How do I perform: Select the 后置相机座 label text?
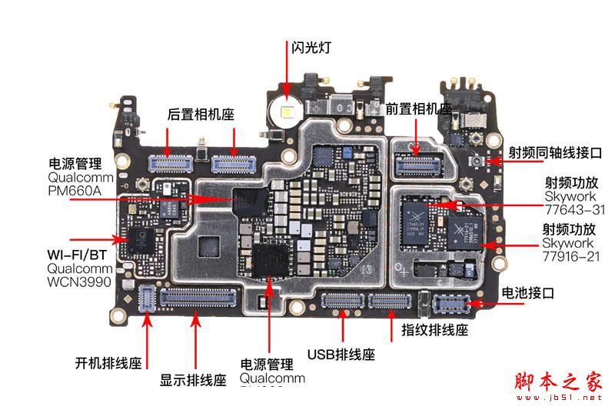[x=201, y=114]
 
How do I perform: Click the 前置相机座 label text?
[x=419, y=109]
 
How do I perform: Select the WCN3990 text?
[x=79, y=282]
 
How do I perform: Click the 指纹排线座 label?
[x=435, y=330]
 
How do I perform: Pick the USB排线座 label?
[x=341, y=355]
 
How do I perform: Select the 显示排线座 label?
[x=193, y=379]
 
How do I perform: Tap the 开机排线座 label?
[x=108, y=362]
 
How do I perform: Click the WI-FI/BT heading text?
[x=78, y=254]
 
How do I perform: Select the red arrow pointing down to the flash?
[x=288, y=77]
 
